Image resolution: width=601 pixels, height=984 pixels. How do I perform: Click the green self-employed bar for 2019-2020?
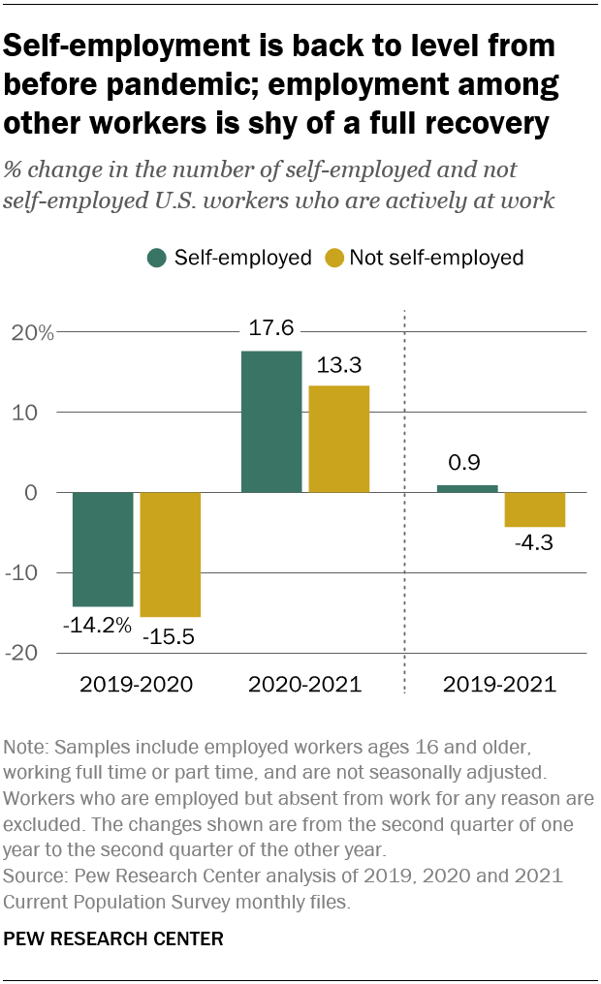[103, 549]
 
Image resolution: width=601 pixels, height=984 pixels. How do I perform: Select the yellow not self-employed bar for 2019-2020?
[170, 554]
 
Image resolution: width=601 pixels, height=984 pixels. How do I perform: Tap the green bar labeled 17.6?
[270, 421]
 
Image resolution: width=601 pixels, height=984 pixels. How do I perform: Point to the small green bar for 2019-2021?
[467, 488]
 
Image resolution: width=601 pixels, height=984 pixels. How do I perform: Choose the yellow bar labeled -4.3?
[535, 509]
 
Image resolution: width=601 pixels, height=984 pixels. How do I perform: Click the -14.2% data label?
[97, 625]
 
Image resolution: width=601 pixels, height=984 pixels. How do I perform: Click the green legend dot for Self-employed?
[156, 258]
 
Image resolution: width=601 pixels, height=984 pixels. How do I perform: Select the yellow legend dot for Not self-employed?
[332, 258]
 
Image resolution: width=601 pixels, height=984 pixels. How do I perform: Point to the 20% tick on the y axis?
[33, 332]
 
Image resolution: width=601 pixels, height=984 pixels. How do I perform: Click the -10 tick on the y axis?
[35, 573]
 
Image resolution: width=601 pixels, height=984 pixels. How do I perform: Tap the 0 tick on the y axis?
[46, 493]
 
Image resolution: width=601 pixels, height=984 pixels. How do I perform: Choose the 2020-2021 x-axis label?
[304, 685]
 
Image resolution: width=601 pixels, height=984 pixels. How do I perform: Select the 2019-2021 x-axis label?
[500, 685]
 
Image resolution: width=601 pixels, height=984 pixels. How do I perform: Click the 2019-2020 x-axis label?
[137, 685]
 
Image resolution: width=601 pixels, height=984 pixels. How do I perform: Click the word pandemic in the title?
[180, 85]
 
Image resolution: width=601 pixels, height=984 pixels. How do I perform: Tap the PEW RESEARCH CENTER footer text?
[114, 938]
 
